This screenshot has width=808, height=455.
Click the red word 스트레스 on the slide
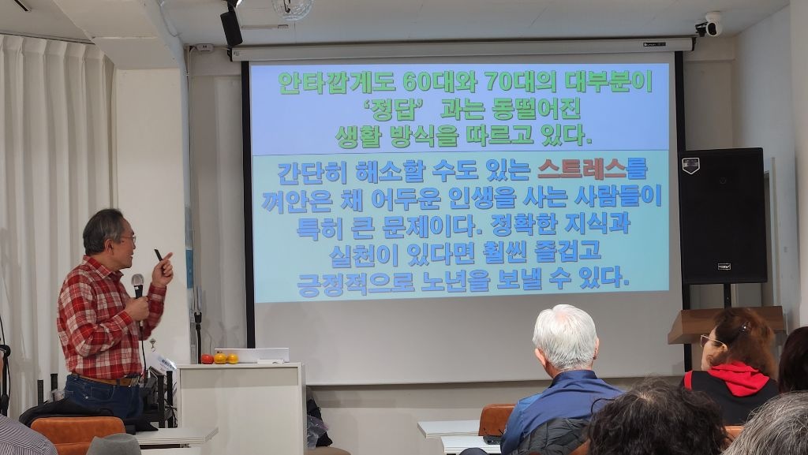[582, 170]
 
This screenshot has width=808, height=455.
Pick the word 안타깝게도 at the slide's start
[336, 82]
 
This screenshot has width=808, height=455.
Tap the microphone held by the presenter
[137, 286]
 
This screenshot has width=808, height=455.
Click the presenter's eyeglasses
[129, 238]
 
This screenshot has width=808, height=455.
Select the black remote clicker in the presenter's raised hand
[158, 255]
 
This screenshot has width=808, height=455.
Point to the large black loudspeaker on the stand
[722, 215]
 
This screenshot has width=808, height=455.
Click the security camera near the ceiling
[709, 25]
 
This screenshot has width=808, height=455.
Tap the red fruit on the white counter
[207, 359]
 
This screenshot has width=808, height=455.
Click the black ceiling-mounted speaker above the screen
[231, 26]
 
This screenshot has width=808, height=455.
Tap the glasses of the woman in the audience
[711, 341]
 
